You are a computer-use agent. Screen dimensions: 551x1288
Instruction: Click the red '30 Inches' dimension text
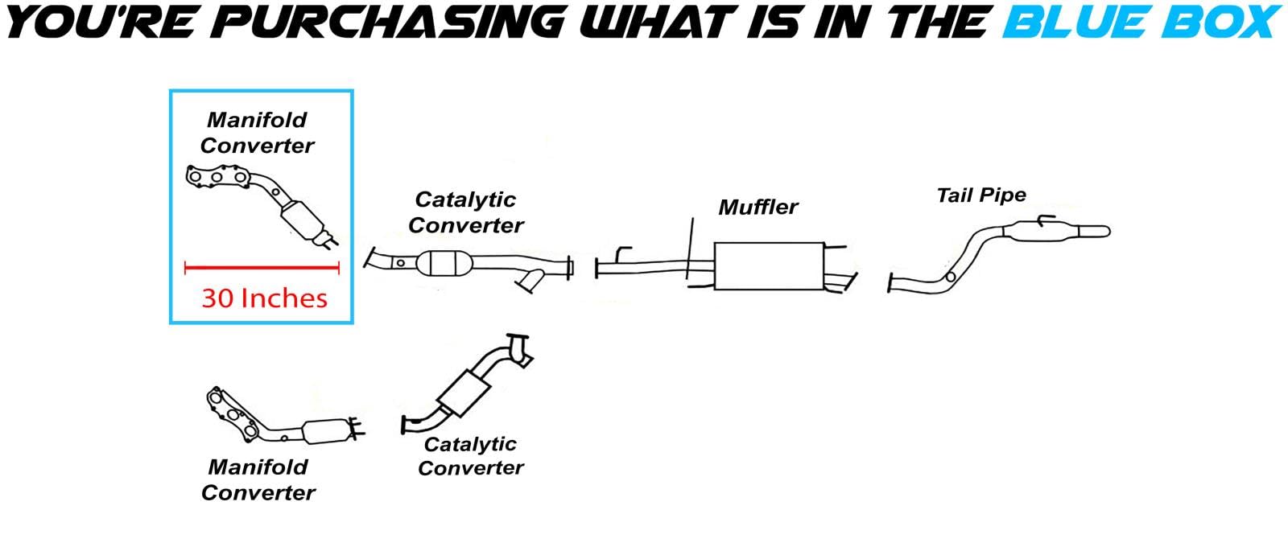[x=264, y=298]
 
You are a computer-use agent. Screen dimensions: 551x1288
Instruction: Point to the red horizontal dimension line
[x=262, y=268]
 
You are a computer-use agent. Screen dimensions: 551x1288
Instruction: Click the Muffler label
[x=758, y=208]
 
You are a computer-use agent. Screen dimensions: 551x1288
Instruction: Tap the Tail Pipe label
[x=981, y=195]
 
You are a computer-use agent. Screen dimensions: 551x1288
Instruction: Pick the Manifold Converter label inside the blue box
[x=257, y=133]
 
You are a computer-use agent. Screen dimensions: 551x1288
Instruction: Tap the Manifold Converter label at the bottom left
[x=258, y=479]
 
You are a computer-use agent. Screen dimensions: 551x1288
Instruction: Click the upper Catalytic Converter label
[x=465, y=212]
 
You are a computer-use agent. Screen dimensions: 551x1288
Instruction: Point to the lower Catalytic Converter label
[x=471, y=455]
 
